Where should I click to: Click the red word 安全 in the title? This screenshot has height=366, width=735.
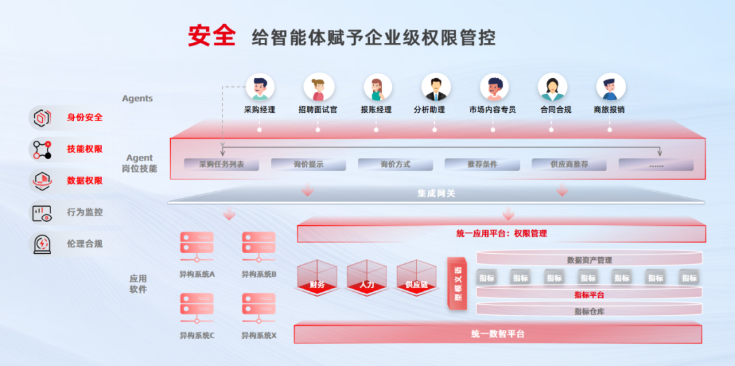click(212, 36)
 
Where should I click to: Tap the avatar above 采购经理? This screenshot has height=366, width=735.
click(259, 87)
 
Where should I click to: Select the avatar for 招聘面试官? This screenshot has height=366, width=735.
click(318, 87)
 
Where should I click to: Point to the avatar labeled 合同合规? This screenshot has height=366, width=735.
click(553, 87)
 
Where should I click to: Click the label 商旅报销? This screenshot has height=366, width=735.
click(609, 110)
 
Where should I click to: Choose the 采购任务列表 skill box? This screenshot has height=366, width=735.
click(221, 165)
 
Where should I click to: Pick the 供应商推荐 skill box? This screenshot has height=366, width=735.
click(569, 165)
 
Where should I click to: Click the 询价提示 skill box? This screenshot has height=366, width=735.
click(308, 165)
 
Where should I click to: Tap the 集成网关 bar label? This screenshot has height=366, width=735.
click(436, 194)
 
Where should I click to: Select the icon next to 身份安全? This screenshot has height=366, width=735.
click(43, 118)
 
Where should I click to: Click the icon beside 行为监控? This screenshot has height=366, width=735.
click(43, 212)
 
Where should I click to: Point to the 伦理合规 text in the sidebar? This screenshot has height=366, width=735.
click(85, 244)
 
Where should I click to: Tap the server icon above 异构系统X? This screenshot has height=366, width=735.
click(259, 307)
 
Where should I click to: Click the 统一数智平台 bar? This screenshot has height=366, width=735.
click(497, 334)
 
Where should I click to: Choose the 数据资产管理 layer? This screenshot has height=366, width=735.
click(589, 260)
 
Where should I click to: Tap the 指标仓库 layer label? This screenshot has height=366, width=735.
click(589, 311)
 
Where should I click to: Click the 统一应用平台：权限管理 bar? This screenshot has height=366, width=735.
click(501, 233)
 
